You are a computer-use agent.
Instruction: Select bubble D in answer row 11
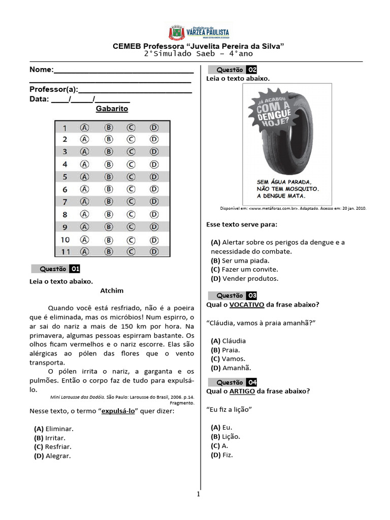tap(154, 251)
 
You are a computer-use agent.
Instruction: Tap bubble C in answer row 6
tap(131, 189)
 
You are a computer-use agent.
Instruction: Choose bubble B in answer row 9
tap(108, 226)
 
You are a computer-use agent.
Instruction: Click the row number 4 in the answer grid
tap(65, 165)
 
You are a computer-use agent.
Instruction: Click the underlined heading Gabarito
tap(112, 109)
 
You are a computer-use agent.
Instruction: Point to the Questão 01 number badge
tap(75, 269)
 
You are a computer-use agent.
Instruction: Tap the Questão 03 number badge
tap(252, 296)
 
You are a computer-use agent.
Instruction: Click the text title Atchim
tap(112, 291)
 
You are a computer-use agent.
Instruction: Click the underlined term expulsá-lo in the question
tap(118, 411)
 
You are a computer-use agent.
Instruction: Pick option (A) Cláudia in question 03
tap(229, 341)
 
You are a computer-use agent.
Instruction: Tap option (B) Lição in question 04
tap(225, 436)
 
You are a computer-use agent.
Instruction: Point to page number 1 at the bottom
tap(199, 494)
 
